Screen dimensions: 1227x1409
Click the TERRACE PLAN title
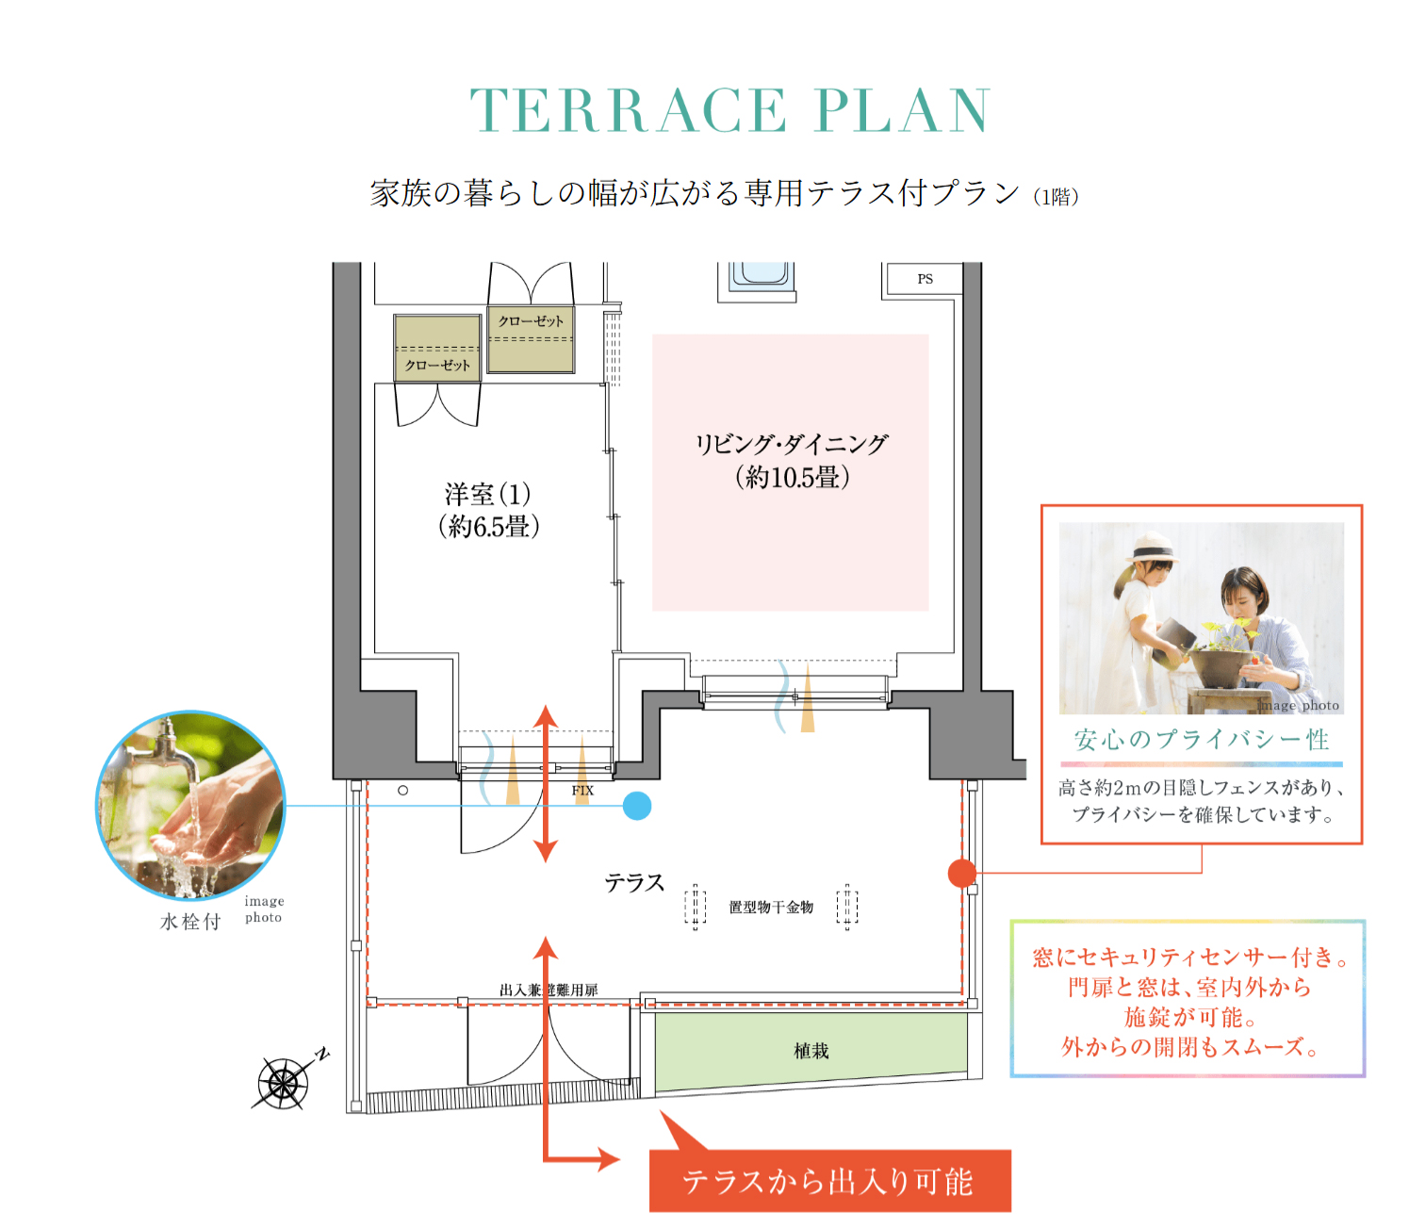729,111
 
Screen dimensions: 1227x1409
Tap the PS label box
925,279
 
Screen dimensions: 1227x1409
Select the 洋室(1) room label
488,510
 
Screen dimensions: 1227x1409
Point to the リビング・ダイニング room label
792,461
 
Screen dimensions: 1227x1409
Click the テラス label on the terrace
634,883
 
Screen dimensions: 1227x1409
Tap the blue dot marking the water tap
637,806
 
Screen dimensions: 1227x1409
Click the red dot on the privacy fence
961,874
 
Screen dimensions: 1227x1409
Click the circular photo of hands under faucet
191,806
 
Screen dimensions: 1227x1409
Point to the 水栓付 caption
190,922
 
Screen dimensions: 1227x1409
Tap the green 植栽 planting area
811,1050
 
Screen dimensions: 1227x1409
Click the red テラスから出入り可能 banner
829,1181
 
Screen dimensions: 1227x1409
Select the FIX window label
582,791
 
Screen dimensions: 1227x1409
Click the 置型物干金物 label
771,907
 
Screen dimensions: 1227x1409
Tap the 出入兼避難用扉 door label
549,990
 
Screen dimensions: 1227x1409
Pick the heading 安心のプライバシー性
1202,740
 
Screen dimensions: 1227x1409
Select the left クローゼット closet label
437,365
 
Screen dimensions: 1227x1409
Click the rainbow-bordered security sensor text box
1188,1000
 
